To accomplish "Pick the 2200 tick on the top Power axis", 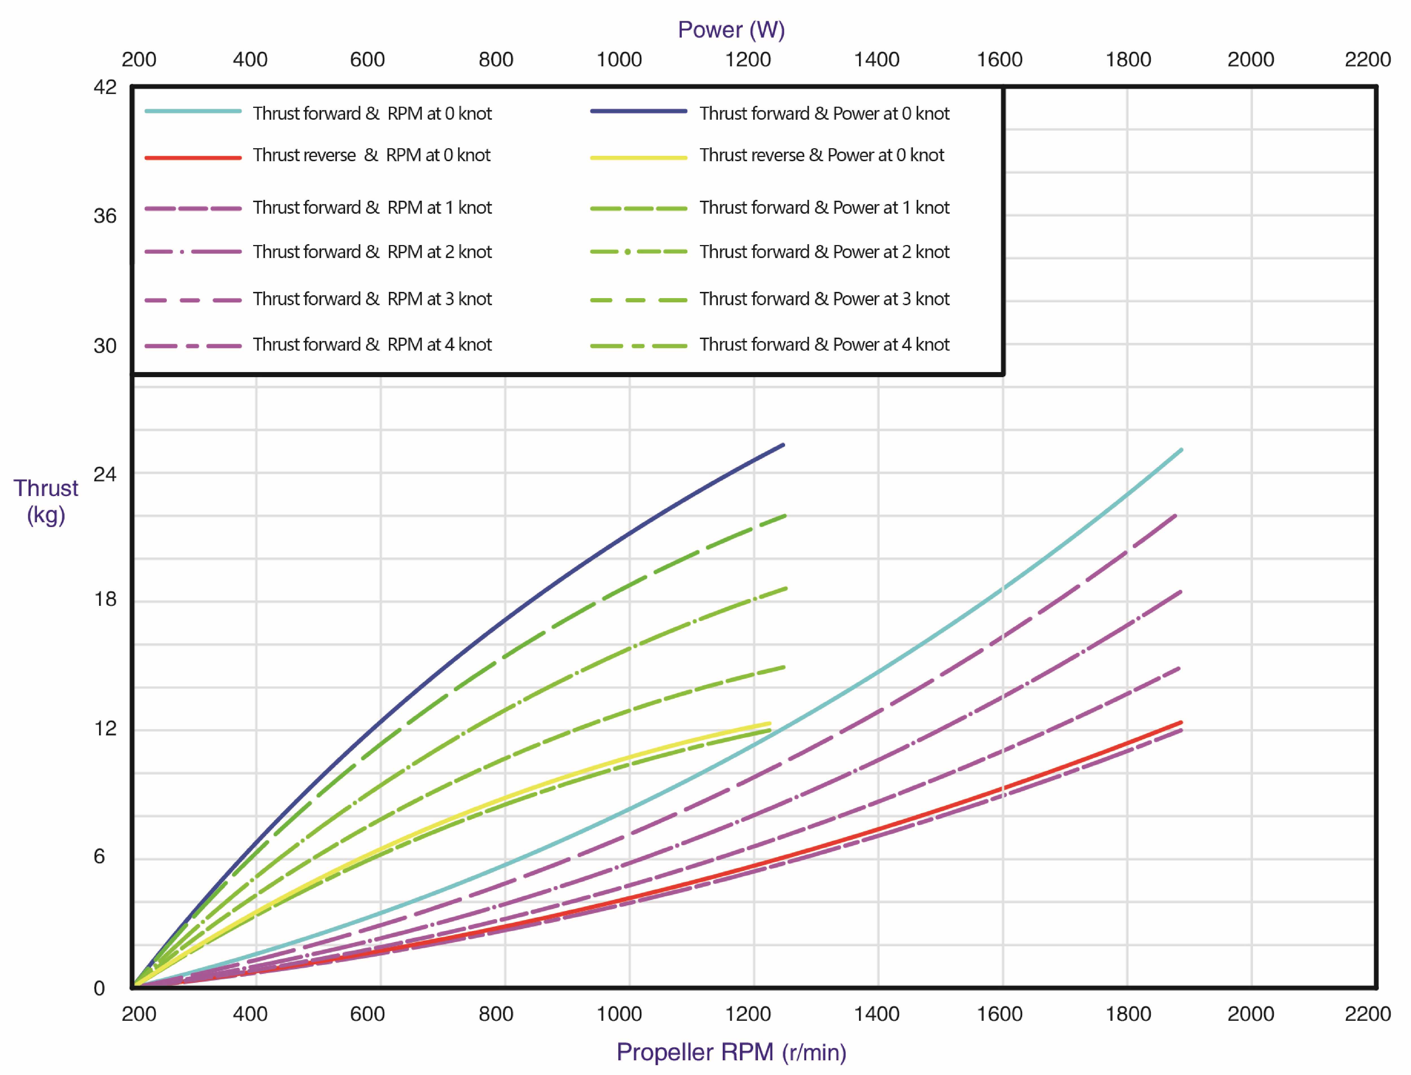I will (1368, 60).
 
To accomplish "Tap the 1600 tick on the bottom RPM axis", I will (999, 1014).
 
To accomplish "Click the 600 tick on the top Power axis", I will (367, 60).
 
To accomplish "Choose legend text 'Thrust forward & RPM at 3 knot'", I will (372, 299).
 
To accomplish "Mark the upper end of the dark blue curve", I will (783, 445).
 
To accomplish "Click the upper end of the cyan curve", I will (1181, 450).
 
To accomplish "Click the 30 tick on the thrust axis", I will (105, 346).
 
